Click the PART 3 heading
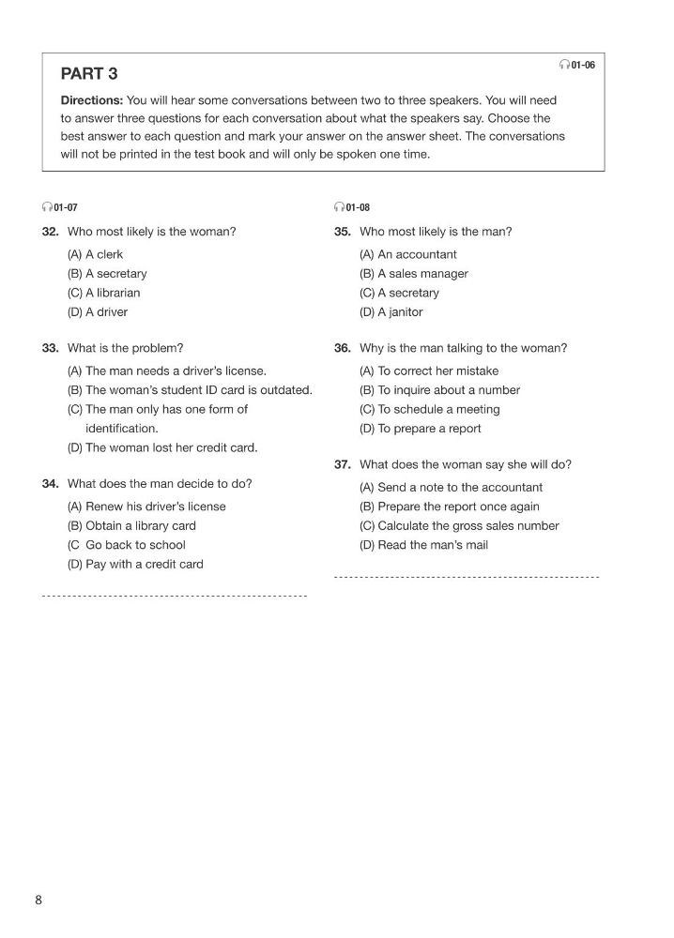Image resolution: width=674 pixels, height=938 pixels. coord(89,74)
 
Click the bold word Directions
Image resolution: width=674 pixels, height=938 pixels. coord(91,100)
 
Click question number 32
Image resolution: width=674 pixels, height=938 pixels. coord(51,232)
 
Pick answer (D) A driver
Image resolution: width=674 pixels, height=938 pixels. coord(97,312)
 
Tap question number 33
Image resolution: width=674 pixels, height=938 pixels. coord(51,348)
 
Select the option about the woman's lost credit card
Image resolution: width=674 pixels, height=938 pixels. coord(161,447)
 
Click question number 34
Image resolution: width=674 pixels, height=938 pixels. coord(51,484)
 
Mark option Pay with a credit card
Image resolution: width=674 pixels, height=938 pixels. coord(135,565)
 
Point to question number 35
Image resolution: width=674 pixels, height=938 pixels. coord(343,232)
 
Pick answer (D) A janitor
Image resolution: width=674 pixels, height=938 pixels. coord(391,312)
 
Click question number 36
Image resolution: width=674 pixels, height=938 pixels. coord(343,348)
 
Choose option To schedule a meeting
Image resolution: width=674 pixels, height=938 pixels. coord(429,409)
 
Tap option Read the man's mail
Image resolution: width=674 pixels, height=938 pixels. coord(423,545)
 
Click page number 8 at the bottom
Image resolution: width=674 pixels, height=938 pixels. coord(38,900)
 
